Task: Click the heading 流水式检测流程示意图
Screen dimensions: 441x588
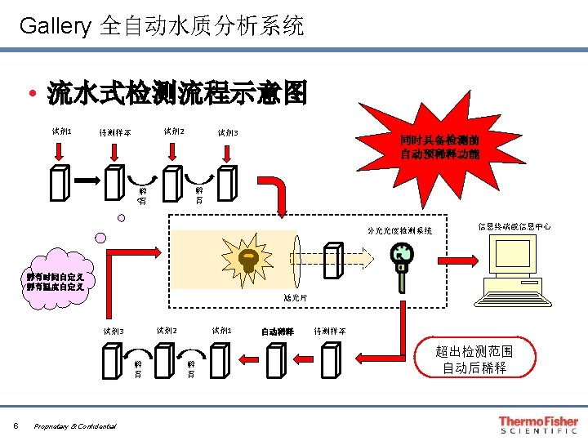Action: coord(177,94)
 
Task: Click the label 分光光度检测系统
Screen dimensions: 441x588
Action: coord(399,231)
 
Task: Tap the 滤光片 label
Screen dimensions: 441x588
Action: coord(296,298)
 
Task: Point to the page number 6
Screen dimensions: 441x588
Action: coord(16,425)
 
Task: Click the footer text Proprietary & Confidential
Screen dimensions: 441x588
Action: coord(75,425)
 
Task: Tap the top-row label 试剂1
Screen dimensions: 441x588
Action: coord(61,131)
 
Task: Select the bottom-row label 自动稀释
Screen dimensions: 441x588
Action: coord(277,332)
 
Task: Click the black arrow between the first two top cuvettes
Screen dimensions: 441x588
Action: coord(87,178)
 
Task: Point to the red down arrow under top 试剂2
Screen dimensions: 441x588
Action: coord(173,150)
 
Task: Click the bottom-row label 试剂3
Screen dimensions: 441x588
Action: coord(113,332)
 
